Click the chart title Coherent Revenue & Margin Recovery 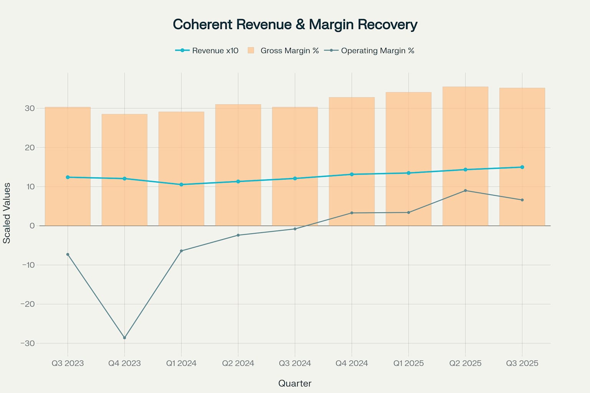click(295, 25)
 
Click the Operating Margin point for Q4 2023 click(124, 338)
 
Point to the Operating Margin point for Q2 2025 click(465, 191)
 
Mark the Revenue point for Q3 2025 click(522, 167)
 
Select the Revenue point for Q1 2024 click(181, 185)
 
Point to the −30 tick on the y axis click(28, 343)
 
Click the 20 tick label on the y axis click(30, 148)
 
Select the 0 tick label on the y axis click(32, 226)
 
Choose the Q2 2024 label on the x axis click(238, 363)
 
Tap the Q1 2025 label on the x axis click(408, 363)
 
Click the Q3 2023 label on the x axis click(68, 363)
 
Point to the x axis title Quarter click(295, 383)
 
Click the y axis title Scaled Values click(7, 213)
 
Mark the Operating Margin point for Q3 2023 click(68, 254)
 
